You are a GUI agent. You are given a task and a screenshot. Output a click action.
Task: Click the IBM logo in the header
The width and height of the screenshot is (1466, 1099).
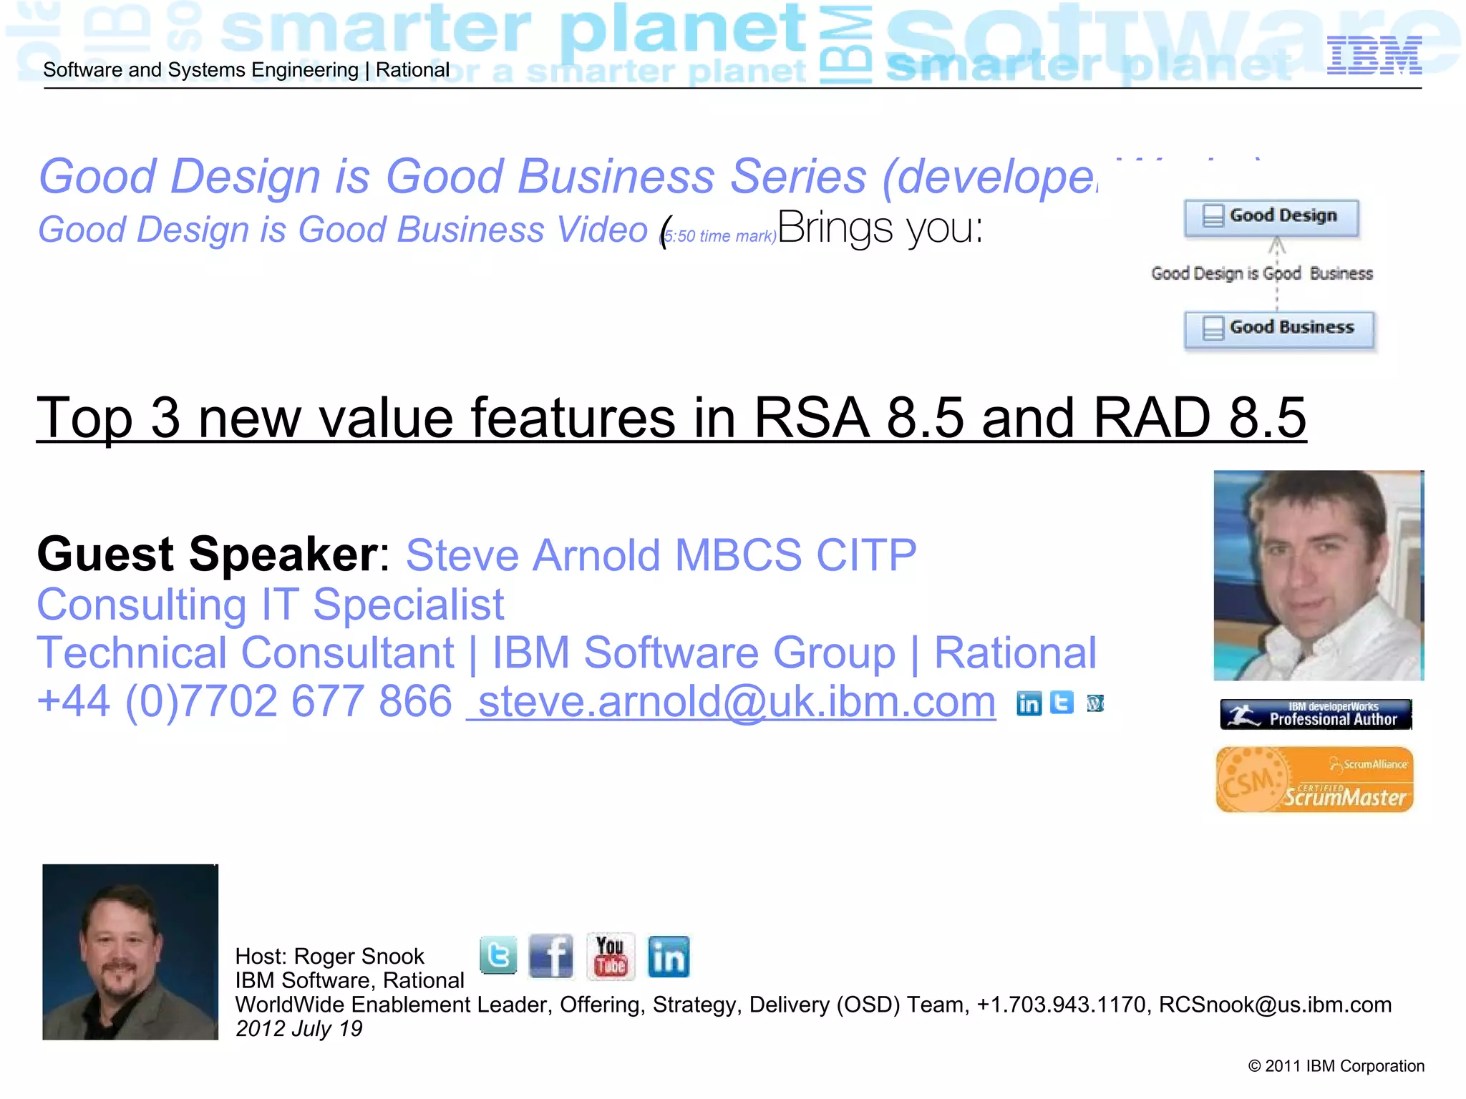[1374, 56]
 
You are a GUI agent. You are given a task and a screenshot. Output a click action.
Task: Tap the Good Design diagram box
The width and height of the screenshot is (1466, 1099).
[1271, 217]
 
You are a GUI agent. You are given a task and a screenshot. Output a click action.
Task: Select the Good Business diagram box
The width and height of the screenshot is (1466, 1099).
[1279, 329]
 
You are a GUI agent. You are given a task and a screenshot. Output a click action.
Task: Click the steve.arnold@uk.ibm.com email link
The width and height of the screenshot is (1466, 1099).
[732, 701]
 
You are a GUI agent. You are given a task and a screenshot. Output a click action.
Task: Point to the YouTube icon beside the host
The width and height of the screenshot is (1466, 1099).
[610, 956]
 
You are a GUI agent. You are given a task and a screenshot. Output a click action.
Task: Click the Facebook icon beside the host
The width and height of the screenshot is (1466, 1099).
[550, 956]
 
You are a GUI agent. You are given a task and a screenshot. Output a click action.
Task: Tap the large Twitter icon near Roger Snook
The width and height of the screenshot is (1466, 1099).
[498, 955]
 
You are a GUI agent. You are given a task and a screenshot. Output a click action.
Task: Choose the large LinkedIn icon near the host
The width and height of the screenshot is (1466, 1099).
[669, 957]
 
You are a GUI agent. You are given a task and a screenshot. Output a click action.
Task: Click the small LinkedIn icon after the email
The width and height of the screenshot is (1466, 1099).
[1029, 704]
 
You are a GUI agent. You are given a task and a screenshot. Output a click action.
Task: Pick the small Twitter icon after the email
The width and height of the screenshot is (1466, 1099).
[1062, 703]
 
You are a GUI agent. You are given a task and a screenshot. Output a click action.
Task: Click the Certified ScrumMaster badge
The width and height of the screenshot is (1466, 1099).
[1314, 780]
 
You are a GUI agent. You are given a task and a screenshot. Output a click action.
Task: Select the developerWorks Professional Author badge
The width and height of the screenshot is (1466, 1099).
[1316, 714]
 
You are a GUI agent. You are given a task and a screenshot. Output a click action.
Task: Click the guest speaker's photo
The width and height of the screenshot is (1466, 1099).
[1319, 575]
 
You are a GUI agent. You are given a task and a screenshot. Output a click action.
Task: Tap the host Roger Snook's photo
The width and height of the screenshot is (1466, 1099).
[130, 952]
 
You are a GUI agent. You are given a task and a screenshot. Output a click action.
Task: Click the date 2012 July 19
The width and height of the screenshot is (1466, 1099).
[299, 1029]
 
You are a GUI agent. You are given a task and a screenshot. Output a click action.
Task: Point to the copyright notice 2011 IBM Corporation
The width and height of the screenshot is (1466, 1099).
[1336, 1066]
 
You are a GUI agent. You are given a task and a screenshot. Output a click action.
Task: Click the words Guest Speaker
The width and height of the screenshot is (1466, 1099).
[208, 555]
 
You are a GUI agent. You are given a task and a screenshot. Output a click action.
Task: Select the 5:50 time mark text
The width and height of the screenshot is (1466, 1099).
[719, 236]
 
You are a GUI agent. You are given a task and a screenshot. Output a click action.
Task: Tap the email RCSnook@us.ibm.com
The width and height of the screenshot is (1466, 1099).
[1275, 1005]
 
